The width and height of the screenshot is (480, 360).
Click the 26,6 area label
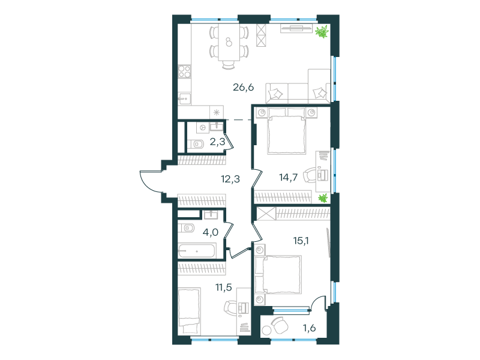point(244,88)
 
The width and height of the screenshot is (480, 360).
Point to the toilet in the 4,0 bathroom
point(187,227)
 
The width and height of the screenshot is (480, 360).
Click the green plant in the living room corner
point(322,32)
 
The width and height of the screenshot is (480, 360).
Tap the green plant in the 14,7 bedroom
point(323,199)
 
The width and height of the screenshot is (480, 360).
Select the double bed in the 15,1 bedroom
point(280,274)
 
